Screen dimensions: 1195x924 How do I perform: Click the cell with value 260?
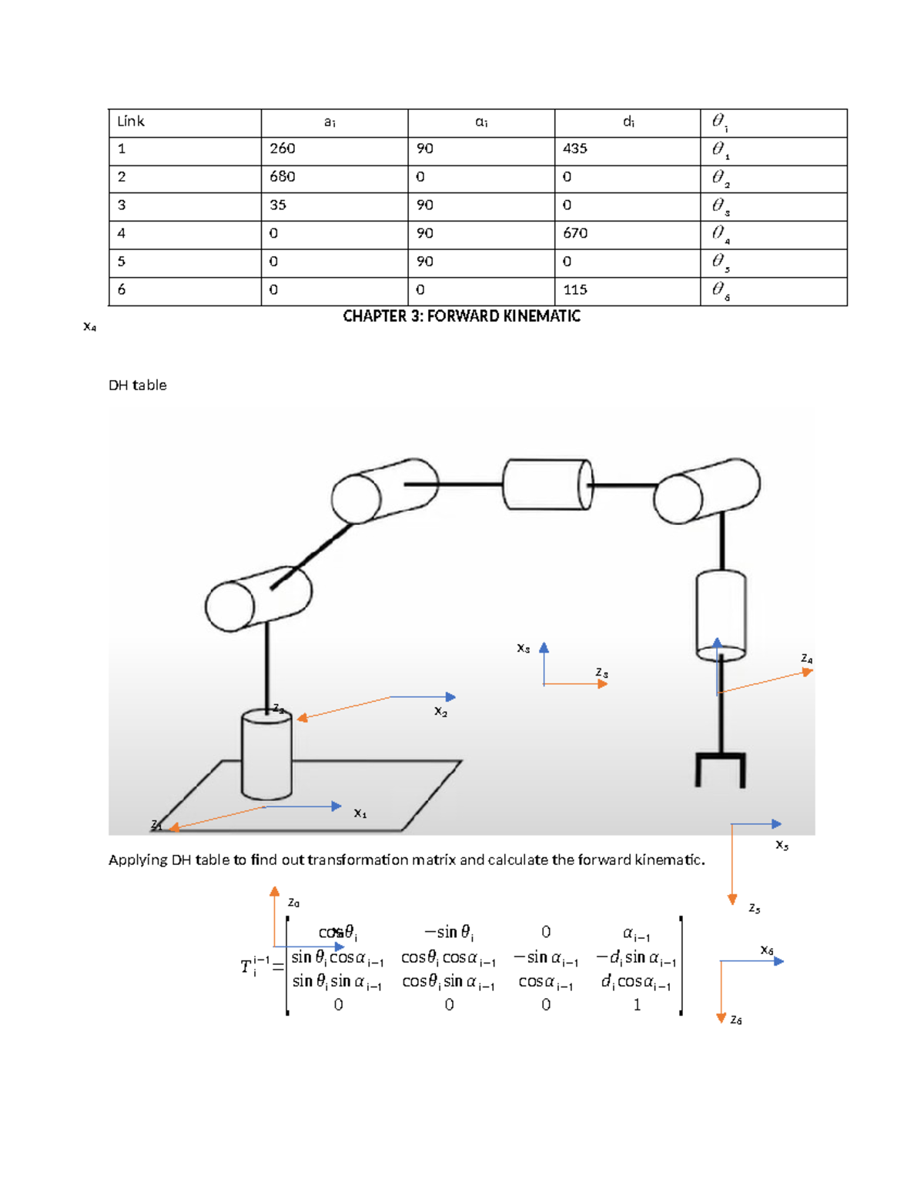pos(283,149)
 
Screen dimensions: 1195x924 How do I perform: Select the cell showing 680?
pos(283,177)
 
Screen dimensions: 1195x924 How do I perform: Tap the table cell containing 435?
pos(575,149)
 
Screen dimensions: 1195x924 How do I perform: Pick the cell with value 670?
pos(575,233)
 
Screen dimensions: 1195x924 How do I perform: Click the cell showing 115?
pos(575,290)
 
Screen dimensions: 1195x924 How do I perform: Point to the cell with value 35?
pos(278,205)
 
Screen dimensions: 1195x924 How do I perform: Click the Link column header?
pos(131,122)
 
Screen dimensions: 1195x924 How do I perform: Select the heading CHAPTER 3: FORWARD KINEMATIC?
pos(461,316)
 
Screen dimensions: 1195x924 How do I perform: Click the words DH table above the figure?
pos(138,386)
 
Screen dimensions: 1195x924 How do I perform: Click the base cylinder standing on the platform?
pos(266,755)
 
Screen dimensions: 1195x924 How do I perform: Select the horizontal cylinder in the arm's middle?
pos(547,484)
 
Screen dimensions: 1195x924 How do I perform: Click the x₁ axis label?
pos(360,813)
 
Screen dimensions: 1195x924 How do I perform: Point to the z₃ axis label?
pos(602,673)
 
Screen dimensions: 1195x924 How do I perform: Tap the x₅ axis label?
pos(782,845)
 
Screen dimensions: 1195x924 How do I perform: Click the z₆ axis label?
pos(736,1020)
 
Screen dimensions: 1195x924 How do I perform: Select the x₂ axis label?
pos(440,712)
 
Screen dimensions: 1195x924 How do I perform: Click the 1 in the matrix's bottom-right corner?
pos(637,1005)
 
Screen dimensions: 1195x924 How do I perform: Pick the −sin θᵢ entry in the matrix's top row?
pos(449,933)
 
